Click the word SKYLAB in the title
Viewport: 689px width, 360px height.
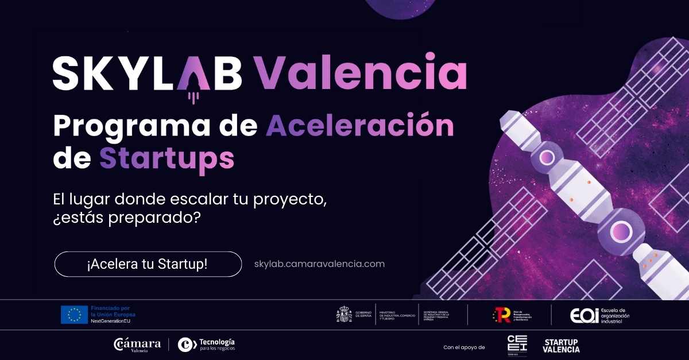pyautogui.click(x=147, y=73)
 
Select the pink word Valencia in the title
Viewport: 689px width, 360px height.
pyautogui.click(x=361, y=73)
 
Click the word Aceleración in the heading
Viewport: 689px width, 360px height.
pyautogui.click(x=359, y=126)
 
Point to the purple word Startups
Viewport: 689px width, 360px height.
pyautogui.click(x=167, y=158)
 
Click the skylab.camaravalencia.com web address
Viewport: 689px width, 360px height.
pyautogui.click(x=319, y=264)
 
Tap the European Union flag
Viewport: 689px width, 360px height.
pyautogui.click(x=74, y=315)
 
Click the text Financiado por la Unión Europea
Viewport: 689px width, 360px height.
pyautogui.click(x=113, y=311)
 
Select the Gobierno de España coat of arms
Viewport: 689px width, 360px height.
pyautogui.click(x=344, y=315)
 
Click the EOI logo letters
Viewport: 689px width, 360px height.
pyautogui.click(x=585, y=315)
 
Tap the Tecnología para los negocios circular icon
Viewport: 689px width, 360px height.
pyautogui.click(x=187, y=344)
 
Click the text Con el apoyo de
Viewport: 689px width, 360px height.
pyautogui.click(x=464, y=347)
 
